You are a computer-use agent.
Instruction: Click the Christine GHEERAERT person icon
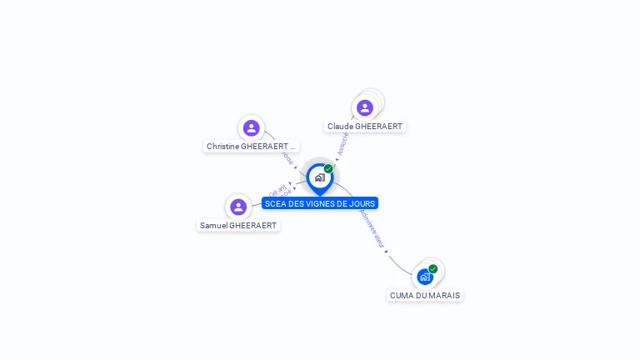pyautogui.click(x=251, y=127)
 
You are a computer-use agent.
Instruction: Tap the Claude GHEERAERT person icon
pyautogui.click(x=364, y=107)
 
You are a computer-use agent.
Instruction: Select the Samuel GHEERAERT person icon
pyautogui.click(x=238, y=207)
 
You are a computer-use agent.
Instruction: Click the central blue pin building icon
pyautogui.click(x=319, y=177)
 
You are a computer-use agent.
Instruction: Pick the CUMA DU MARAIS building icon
pyautogui.click(x=425, y=277)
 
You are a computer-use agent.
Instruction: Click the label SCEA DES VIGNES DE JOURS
pyautogui.click(x=320, y=203)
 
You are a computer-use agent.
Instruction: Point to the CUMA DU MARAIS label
pyautogui.click(x=425, y=295)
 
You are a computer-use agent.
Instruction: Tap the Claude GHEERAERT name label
pyautogui.click(x=365, y=127)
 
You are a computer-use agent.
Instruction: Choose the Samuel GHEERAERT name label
pyautogui.click(x=238, y=225)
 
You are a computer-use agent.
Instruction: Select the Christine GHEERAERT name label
pyautogui.click(x=251, y=146)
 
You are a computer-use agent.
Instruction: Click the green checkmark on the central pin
pyautogui.click(x=328, y=168)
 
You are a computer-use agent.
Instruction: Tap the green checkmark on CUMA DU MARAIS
pyautogui.click(x=433, y=268)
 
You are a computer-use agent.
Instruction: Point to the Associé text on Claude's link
pyautogui.click(x=342, y=143)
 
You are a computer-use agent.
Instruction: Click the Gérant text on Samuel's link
pyautogui.click(x=277, y=189)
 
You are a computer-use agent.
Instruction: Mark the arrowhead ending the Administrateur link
pyautogui.click(x=386, y=251)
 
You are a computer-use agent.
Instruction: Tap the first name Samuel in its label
pyautogui.click(x=212, y=225)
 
